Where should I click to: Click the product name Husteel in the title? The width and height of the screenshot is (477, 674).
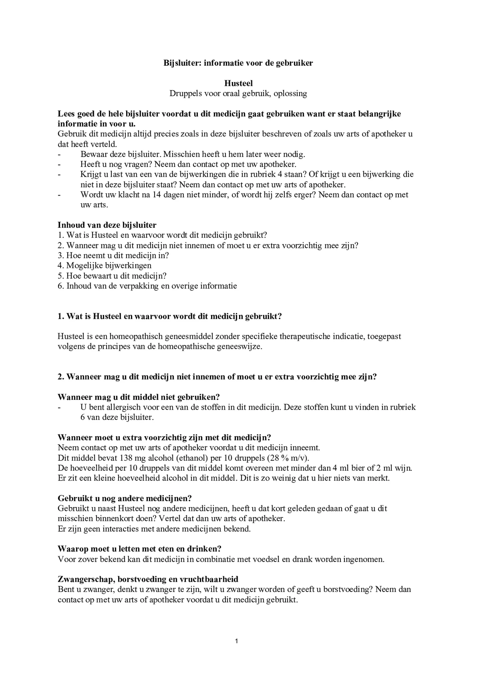pyautogui.click(x=238, y=83)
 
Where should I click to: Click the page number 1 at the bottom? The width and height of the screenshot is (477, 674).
pyautogui.click(x=236, y=641)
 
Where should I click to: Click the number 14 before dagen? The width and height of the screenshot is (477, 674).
pyautogui.click(x=156, y=195)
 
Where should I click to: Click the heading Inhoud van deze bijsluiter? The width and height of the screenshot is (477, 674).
pyautogui.click(x=107, y=225)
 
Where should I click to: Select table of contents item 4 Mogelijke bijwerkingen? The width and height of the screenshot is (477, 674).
pyautogui.click(x=104, y=265)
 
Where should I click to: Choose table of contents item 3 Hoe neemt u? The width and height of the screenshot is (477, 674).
pyautogui.click(x=113, y=255)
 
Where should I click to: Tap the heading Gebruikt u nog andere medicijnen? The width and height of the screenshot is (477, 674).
pyautogui.click(x=125, y=498)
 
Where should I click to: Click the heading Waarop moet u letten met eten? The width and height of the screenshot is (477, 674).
pyautogui.click(x=140, y=549)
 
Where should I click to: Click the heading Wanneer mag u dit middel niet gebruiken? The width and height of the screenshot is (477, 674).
pyautogui.click(x=139, y=397)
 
